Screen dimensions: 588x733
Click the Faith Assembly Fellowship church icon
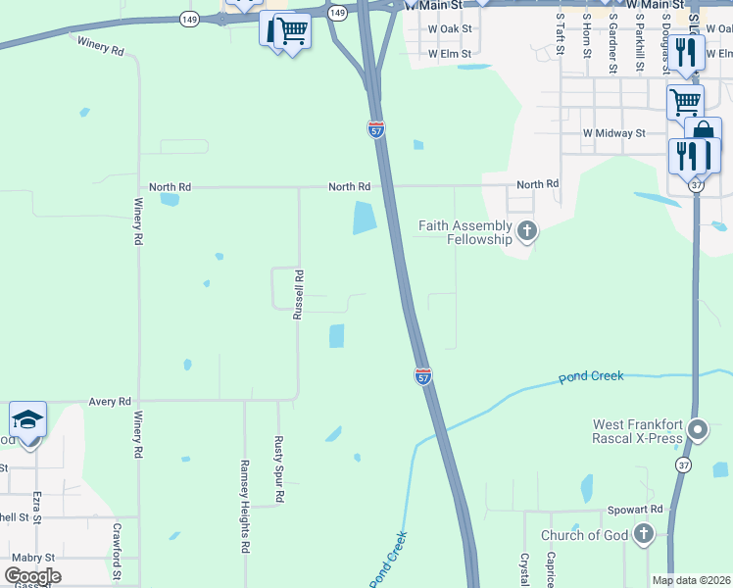[527, 231]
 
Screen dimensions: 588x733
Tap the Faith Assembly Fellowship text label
[465, 232]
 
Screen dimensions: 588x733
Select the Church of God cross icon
[643, 534]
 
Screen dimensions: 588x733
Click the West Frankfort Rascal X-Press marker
[698, 429]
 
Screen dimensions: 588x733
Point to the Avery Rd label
[110, 402]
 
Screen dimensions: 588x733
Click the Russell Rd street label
[299, 295]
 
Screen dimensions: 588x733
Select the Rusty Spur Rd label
[278, 469]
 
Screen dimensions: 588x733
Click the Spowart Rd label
[635, 510]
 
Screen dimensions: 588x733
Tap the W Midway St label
[613, 132]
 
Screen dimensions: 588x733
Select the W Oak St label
[450, 28]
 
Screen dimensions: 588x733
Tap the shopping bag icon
[703, 133]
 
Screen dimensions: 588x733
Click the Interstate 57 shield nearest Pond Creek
[422, 376]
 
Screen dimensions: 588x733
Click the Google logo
[32, 576]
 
